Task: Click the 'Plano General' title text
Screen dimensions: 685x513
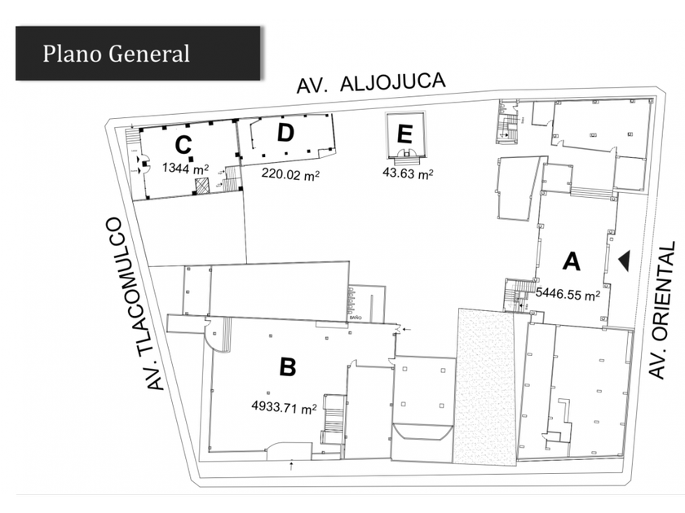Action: [116, 54]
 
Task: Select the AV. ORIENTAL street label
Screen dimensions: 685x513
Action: [662, 309]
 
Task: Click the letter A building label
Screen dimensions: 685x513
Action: [572, 261]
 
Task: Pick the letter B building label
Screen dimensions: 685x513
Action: [288, 367]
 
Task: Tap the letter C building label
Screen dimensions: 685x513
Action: [183, 146]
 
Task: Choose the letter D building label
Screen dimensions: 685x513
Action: [285, 134]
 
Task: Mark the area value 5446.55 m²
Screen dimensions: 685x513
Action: [568, 294]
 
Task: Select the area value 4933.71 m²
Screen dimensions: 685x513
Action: [285, 409]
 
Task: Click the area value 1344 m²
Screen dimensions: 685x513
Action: [185, 169]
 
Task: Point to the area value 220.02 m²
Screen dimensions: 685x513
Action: [289, 173]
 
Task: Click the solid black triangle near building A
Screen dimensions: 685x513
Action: [624, 260]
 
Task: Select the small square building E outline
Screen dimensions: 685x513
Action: [405, 138]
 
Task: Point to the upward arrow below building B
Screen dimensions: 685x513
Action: [291, 465]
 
